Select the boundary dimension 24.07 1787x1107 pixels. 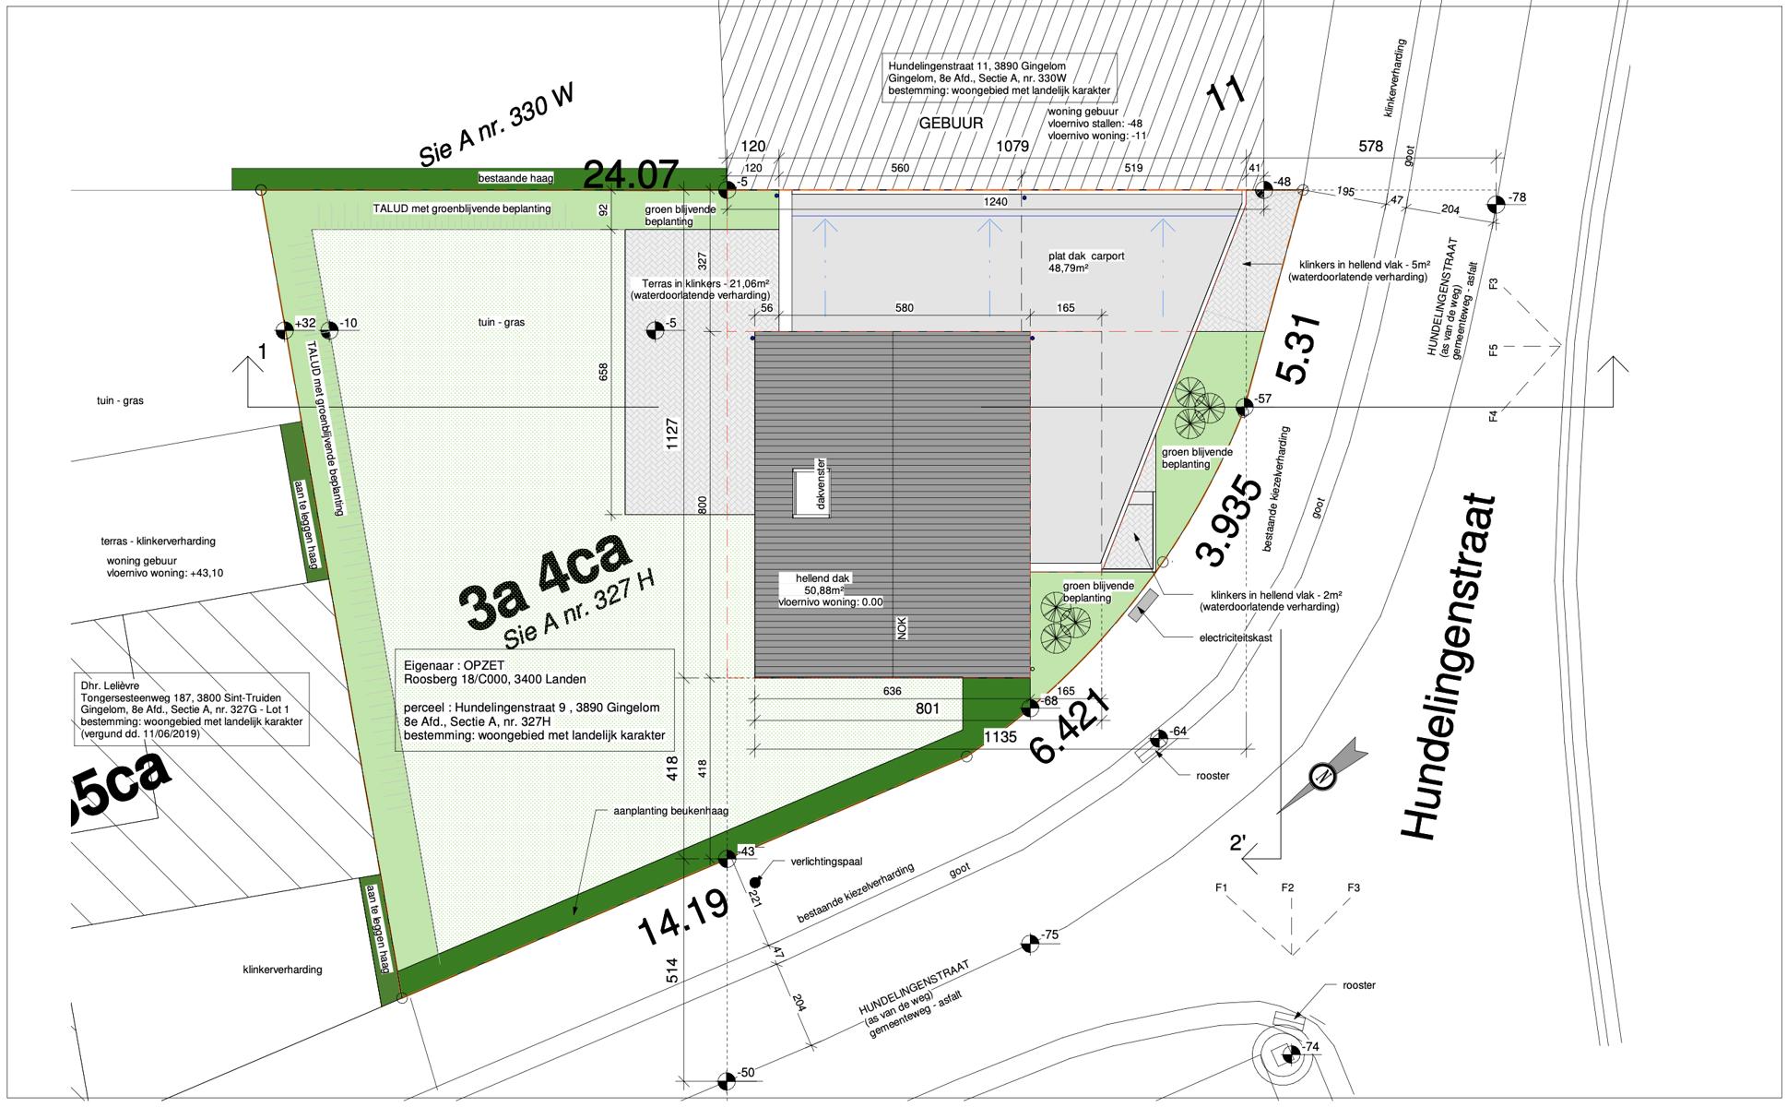pos(631,173)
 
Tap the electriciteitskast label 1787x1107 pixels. pos(1235,637)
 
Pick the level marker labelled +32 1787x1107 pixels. pos(285,329)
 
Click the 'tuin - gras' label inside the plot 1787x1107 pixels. pos(502,322)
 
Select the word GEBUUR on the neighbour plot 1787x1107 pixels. pos(950,123)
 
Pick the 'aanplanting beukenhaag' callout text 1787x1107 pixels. pos(671,812)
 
